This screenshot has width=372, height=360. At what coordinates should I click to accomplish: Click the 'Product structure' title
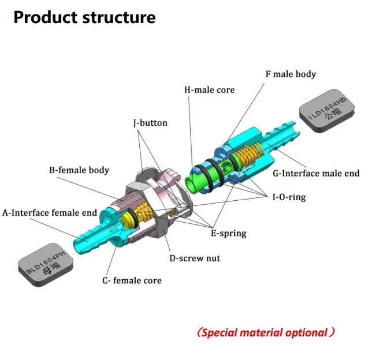[x=84, y=17]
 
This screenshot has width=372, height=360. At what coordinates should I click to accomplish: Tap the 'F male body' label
[x=291, y=74]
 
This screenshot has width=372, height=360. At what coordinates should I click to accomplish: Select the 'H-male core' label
[x=209, y=90]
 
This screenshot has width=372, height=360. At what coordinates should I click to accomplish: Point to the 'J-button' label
[x=150, y=123]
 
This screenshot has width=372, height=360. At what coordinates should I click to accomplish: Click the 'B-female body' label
[x=79, y=170]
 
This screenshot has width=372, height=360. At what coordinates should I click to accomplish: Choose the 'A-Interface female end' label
[x=50, y=212]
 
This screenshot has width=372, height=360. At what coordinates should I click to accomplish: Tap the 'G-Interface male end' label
[x=316, y=173]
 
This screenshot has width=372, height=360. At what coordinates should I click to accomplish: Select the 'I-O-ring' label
[x=289, y=197]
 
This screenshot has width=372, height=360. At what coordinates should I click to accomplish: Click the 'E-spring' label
[x=229, y=233]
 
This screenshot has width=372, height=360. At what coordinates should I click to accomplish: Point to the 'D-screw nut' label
[x=195, y=258]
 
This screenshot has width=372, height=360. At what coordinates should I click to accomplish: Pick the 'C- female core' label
[x=132, y=280]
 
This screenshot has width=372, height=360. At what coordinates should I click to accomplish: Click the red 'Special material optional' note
[x=266, y=332]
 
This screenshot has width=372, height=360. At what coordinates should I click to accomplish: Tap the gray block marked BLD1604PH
[x=46, y=264]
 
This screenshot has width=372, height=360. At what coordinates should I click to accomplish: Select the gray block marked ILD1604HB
[x=327, y=111]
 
